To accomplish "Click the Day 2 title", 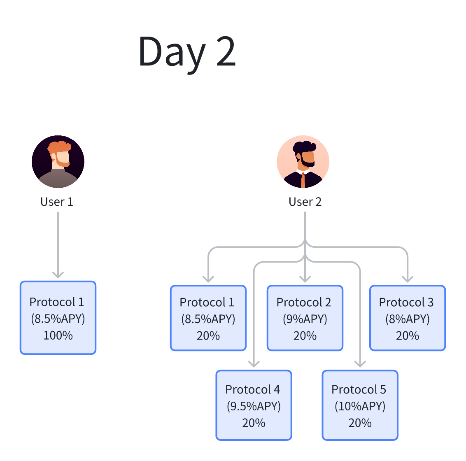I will [x=187, y=51].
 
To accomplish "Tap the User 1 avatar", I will [x=58, y=162].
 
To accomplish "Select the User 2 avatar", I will [x=303, y=162].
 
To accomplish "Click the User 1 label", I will [x=57, y=202].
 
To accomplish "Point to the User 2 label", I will [x=305, y=202].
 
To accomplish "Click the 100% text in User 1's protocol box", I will [x=58, y=335].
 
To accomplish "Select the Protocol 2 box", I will [x=305, y=318].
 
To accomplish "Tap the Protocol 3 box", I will [x=408, y=318].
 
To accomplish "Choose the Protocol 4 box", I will [x=254, y=405].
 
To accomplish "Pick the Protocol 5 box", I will [x=360, y=405].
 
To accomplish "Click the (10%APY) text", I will [x=360, y=406].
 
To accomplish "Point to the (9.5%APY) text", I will [x=254, y=406].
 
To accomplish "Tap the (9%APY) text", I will [x=305, y=319].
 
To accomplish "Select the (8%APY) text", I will [x=408, y=319].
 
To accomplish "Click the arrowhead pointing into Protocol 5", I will [x=360, y=363].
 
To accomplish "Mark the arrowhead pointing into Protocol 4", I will [x=254, y=363].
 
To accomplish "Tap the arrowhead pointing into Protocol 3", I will [x=408, y=279].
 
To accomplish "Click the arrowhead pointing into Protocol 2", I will [x=305, y=279].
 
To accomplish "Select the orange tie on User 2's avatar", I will [x=303, y=180].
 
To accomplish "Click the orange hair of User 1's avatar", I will [x=60, y=147].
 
